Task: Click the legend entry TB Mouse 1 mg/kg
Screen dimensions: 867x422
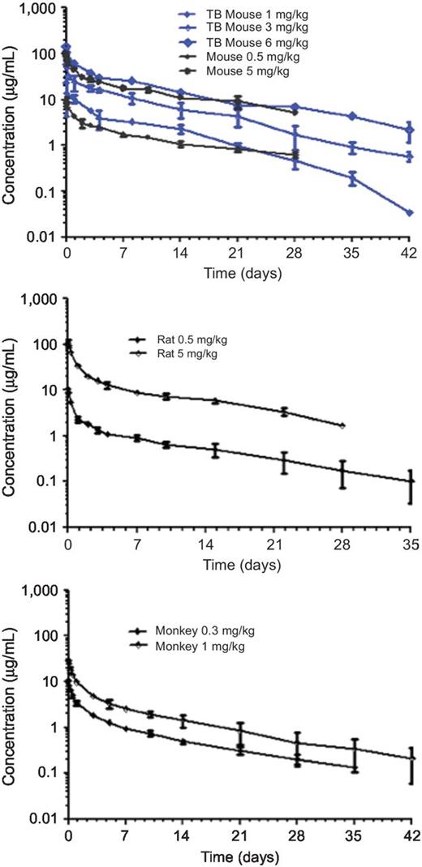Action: click(243, 14)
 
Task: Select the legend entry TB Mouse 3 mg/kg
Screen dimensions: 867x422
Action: click(243, 28)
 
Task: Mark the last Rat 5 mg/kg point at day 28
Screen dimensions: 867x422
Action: click(342, 426)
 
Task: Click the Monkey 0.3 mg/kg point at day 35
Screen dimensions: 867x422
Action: click(354, 767)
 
